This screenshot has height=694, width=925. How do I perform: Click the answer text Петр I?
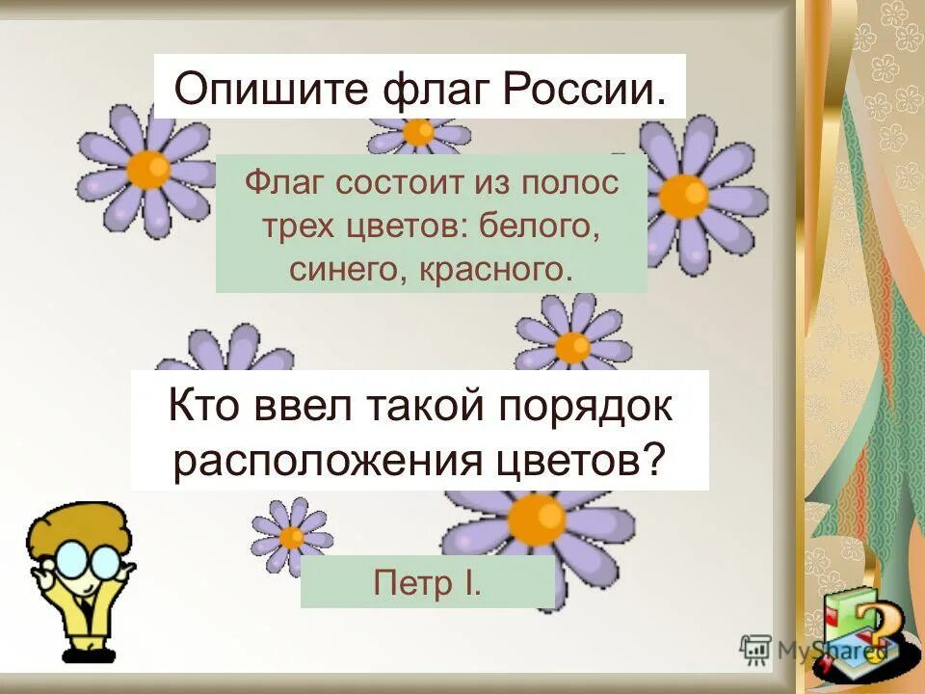pos(427,582)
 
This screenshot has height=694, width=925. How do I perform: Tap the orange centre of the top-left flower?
pos(147,170)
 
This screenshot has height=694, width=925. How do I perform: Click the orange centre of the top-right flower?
pos(683,194)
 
